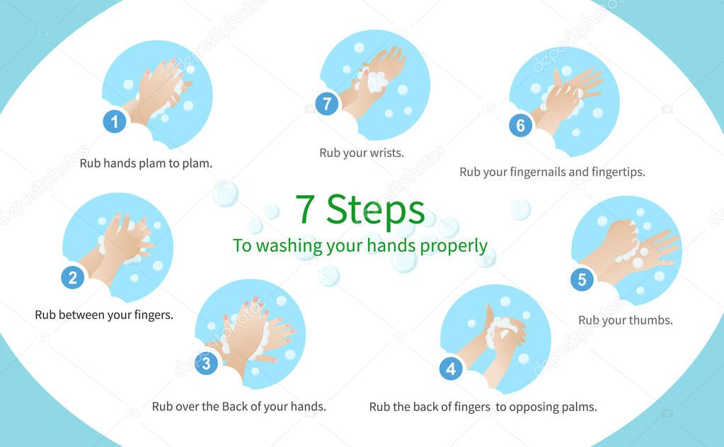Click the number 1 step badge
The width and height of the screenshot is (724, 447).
[x=115, y=122]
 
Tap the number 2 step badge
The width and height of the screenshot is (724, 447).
[x=73, y=278]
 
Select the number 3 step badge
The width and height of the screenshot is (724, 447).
[x=207, y=364]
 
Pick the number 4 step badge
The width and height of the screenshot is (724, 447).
[x=451, y=368]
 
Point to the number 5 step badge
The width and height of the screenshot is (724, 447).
[x=582, y=279]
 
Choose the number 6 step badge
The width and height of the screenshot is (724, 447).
[x=521, y=125]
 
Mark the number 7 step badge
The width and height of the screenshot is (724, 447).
[x=327, y=104]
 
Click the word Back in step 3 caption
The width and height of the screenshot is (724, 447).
[x=234, y=407]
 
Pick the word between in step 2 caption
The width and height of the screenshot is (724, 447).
[x=81, y=315]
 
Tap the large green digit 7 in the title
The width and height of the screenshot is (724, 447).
[x=305, y=209]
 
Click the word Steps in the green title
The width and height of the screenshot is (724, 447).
[x=375, y=210]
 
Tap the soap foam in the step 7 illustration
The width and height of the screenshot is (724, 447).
[x=373, y=81]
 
